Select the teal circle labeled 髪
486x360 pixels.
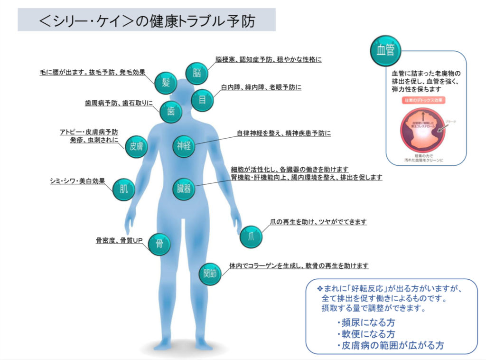pos(166,83)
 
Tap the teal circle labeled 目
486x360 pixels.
pos(202,100)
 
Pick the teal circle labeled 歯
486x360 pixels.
pos(171,113)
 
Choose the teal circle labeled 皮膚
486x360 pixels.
pos(136,147)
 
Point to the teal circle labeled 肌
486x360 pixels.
pos(123,189)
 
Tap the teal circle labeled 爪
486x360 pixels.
pos(251,237)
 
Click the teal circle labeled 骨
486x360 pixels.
pos(159,244)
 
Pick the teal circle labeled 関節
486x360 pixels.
pos(210,274)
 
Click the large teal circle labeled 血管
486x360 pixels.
pos(386,50)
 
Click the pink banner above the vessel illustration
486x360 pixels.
pos(425,101)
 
